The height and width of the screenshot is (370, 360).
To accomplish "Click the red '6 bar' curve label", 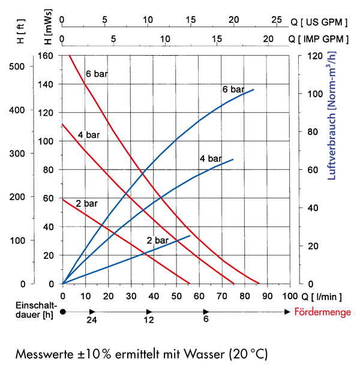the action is [x=97, y=74].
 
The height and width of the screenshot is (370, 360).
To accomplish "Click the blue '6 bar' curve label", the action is [x=233, y=89].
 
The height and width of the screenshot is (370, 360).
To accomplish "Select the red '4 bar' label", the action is [x=89, y=135].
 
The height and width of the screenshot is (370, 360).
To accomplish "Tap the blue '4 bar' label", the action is [x=211, y=158].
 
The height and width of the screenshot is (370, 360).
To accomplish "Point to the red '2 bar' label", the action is [x=86, y=203].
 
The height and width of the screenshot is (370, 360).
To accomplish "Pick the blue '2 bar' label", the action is [x=158, y=240].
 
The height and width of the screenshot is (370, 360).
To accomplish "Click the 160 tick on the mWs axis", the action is [x=46, y=56].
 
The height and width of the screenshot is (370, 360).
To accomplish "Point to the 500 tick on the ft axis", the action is [x=17, y=67].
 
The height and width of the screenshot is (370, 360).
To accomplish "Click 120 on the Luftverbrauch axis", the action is [x=315, y=56].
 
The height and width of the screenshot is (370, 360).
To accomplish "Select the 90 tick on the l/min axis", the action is [x=267, y=296].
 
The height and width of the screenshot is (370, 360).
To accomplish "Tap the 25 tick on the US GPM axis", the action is [x=277, y=20].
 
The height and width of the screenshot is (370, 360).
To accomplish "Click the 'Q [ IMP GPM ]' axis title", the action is [x=318, y=39].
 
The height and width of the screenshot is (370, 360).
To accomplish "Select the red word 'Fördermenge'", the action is [x=322, y=312].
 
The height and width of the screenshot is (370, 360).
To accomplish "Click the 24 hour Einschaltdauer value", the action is [x=92, y=320].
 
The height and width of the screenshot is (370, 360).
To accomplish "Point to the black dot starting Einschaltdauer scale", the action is [x=63, y=312].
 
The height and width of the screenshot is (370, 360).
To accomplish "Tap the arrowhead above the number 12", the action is [x=149, y=312].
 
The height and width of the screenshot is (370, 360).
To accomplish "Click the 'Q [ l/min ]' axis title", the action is [x=322, y=297].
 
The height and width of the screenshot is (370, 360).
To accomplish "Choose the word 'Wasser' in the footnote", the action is [x=204, y=354].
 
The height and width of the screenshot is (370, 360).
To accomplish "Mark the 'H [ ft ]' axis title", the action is [x=21, y=31].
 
